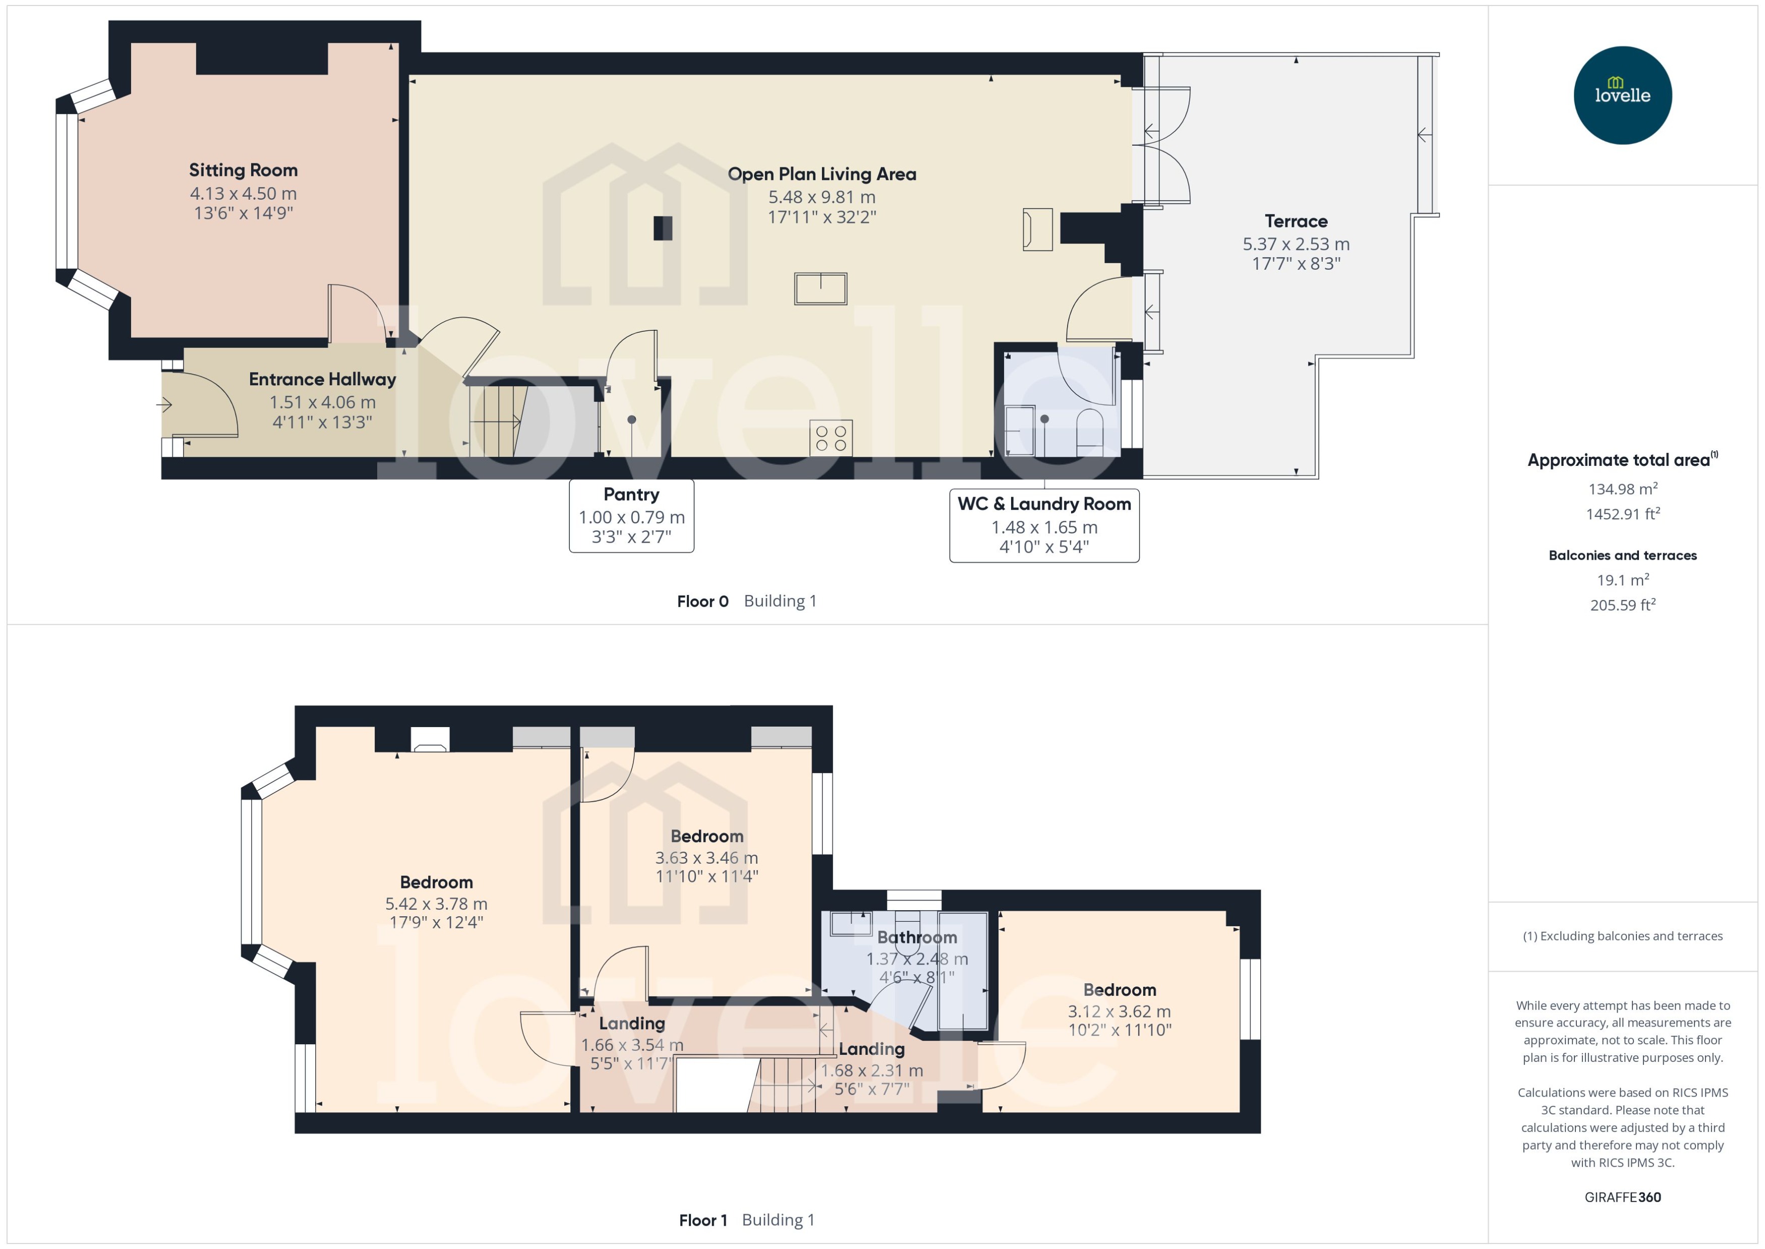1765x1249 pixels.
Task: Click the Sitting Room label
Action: pos(243,170)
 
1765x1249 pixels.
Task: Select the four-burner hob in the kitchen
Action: pos(831,438)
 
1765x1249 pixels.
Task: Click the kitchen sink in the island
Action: pos(820,289)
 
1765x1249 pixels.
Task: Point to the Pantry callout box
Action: pos(631,515)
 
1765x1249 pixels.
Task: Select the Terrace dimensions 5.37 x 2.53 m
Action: pos(1296,245)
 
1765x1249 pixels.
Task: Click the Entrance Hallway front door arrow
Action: pos(164,404)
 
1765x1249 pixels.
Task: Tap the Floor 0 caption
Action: pos(702,602)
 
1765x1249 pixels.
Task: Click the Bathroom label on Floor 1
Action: pos(917,937)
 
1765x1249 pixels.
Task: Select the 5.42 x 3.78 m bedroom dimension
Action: pos(436,904)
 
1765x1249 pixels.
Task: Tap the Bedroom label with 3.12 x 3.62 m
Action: pos(1119,990)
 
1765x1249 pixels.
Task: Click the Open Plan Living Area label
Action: pos(821,174)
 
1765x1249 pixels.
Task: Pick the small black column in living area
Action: pos(662,228)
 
